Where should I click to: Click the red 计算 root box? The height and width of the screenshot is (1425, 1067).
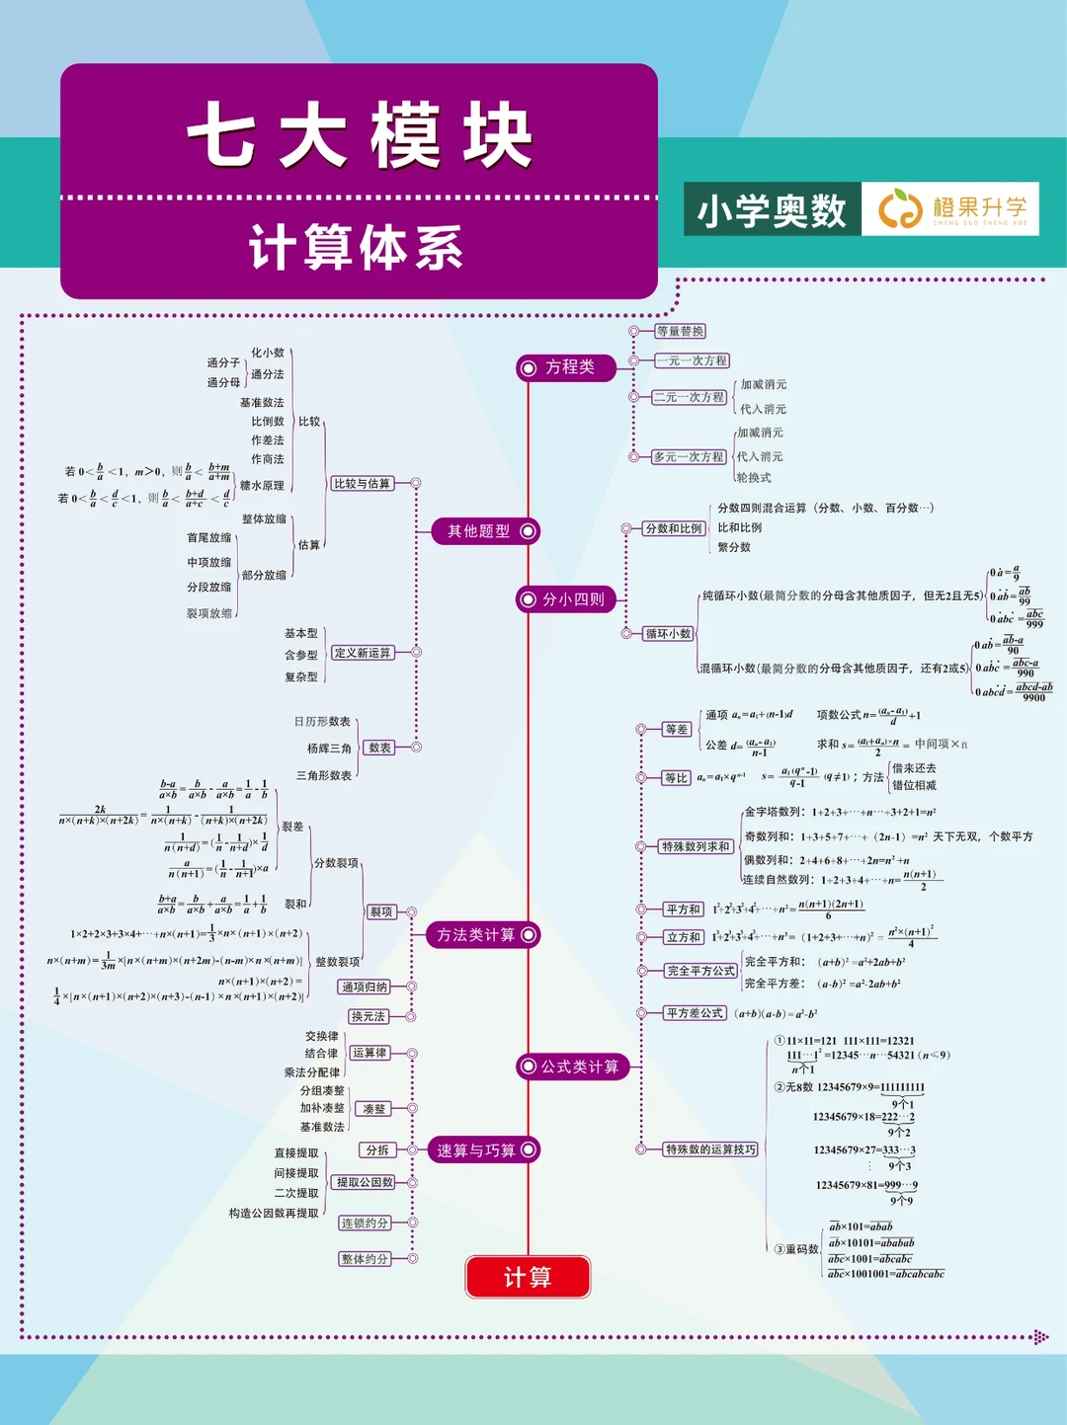(x=528, y=1277)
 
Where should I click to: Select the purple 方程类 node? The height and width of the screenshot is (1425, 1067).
(x=567, y=367)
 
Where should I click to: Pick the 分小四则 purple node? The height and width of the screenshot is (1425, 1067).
(x=567, y=599)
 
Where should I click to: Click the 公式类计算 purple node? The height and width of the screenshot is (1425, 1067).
(x=573, y=1067)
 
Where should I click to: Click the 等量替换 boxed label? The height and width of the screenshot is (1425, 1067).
(x=680, y=332)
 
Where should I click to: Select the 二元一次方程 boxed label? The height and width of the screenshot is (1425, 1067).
(x=689, y=397)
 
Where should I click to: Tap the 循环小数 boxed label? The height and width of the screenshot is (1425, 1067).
(x=668, y=634)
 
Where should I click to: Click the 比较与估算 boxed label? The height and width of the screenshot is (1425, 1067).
(x=362, y=484)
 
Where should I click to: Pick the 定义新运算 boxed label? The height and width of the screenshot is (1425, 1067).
(x=362, y=653)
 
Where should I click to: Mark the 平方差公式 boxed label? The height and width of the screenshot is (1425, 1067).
(x=695, y=1013)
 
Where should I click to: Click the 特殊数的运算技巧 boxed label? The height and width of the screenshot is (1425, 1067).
(x=709, y=1149)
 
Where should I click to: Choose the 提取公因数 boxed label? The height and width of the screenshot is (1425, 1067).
(x=364, y=1182)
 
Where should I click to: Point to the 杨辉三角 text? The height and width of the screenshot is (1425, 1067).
(x=329, y=749)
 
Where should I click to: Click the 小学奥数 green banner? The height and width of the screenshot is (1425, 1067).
(x=772, y=209)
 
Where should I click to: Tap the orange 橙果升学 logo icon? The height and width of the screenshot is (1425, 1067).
(x=899, y=209)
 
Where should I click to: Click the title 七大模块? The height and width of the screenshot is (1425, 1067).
(x=360, y=136)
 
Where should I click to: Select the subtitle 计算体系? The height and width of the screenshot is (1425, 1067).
(x=356, y=248)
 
